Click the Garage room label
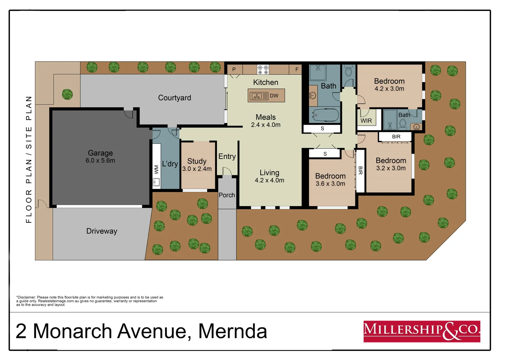pos(100,153)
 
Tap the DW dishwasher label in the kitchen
pos(274,96)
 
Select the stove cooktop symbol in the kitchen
pos(263,69)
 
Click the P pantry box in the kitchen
pos(234,69)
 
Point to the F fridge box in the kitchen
pos(296,69)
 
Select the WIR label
pos(366,121)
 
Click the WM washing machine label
pos(156,169)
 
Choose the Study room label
pos(197,161)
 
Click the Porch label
pos(227,195)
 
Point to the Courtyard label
pos(174,98)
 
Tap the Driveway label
pos(102,231)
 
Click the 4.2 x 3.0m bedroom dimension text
pos(389,89)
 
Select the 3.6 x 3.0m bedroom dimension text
pos(330,184)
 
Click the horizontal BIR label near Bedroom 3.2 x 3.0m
pos(396,137)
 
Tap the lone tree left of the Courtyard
pos(67,94)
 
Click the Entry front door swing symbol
pos(227,171)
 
